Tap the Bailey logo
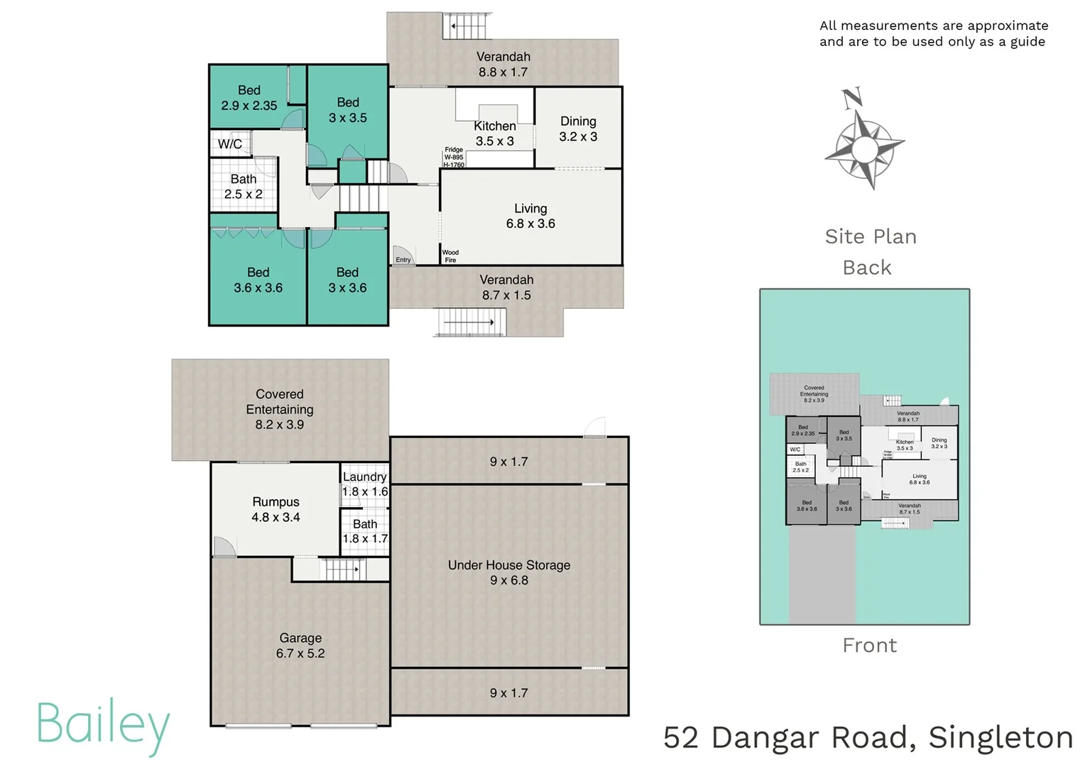(103, 725)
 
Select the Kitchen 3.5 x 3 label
(495, 134)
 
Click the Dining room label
(578, 129)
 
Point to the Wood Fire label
(450, 256)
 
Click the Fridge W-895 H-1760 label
(454, 158)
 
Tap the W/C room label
(230, 144)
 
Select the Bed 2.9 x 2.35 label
(249, 98)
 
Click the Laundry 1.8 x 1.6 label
(365, 484)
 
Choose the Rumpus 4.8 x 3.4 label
(276, 510)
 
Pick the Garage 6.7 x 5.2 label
(300, 646)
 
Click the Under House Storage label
(509, 572)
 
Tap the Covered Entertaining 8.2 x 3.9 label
(280, 409)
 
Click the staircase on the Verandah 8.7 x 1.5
(469, 322)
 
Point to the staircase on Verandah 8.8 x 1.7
(467, 26)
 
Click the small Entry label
(403, 260)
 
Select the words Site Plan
(871, 236)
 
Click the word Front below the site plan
(869, 646)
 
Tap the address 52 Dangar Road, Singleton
(868, 738)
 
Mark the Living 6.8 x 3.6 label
(530, 216)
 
